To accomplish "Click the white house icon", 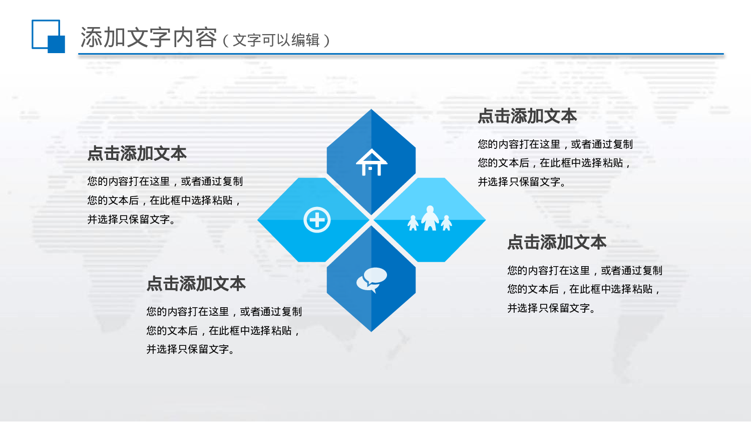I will click(371, 162).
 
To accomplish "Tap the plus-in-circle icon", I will click(317, 220).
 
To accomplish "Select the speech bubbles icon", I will click(371, 280).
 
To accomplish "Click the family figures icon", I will click(430, 219).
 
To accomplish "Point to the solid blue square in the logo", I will click(56, 44).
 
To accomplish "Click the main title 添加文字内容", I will click(149, 38).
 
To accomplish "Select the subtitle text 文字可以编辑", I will click(276, 40).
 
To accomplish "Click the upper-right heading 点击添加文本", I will click(527, 116).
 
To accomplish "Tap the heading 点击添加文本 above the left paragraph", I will click(137, 153).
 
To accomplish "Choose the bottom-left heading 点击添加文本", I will click(196, 284).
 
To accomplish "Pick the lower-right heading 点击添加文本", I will click(557, 243).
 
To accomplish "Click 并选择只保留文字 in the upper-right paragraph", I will click(521, 182).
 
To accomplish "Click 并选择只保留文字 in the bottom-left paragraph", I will click(190, 349).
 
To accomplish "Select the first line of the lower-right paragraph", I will click(584, 271).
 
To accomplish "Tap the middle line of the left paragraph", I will click(164, 200).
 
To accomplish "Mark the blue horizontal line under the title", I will click(401, 54).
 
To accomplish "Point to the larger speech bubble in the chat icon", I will click(375, 275).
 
